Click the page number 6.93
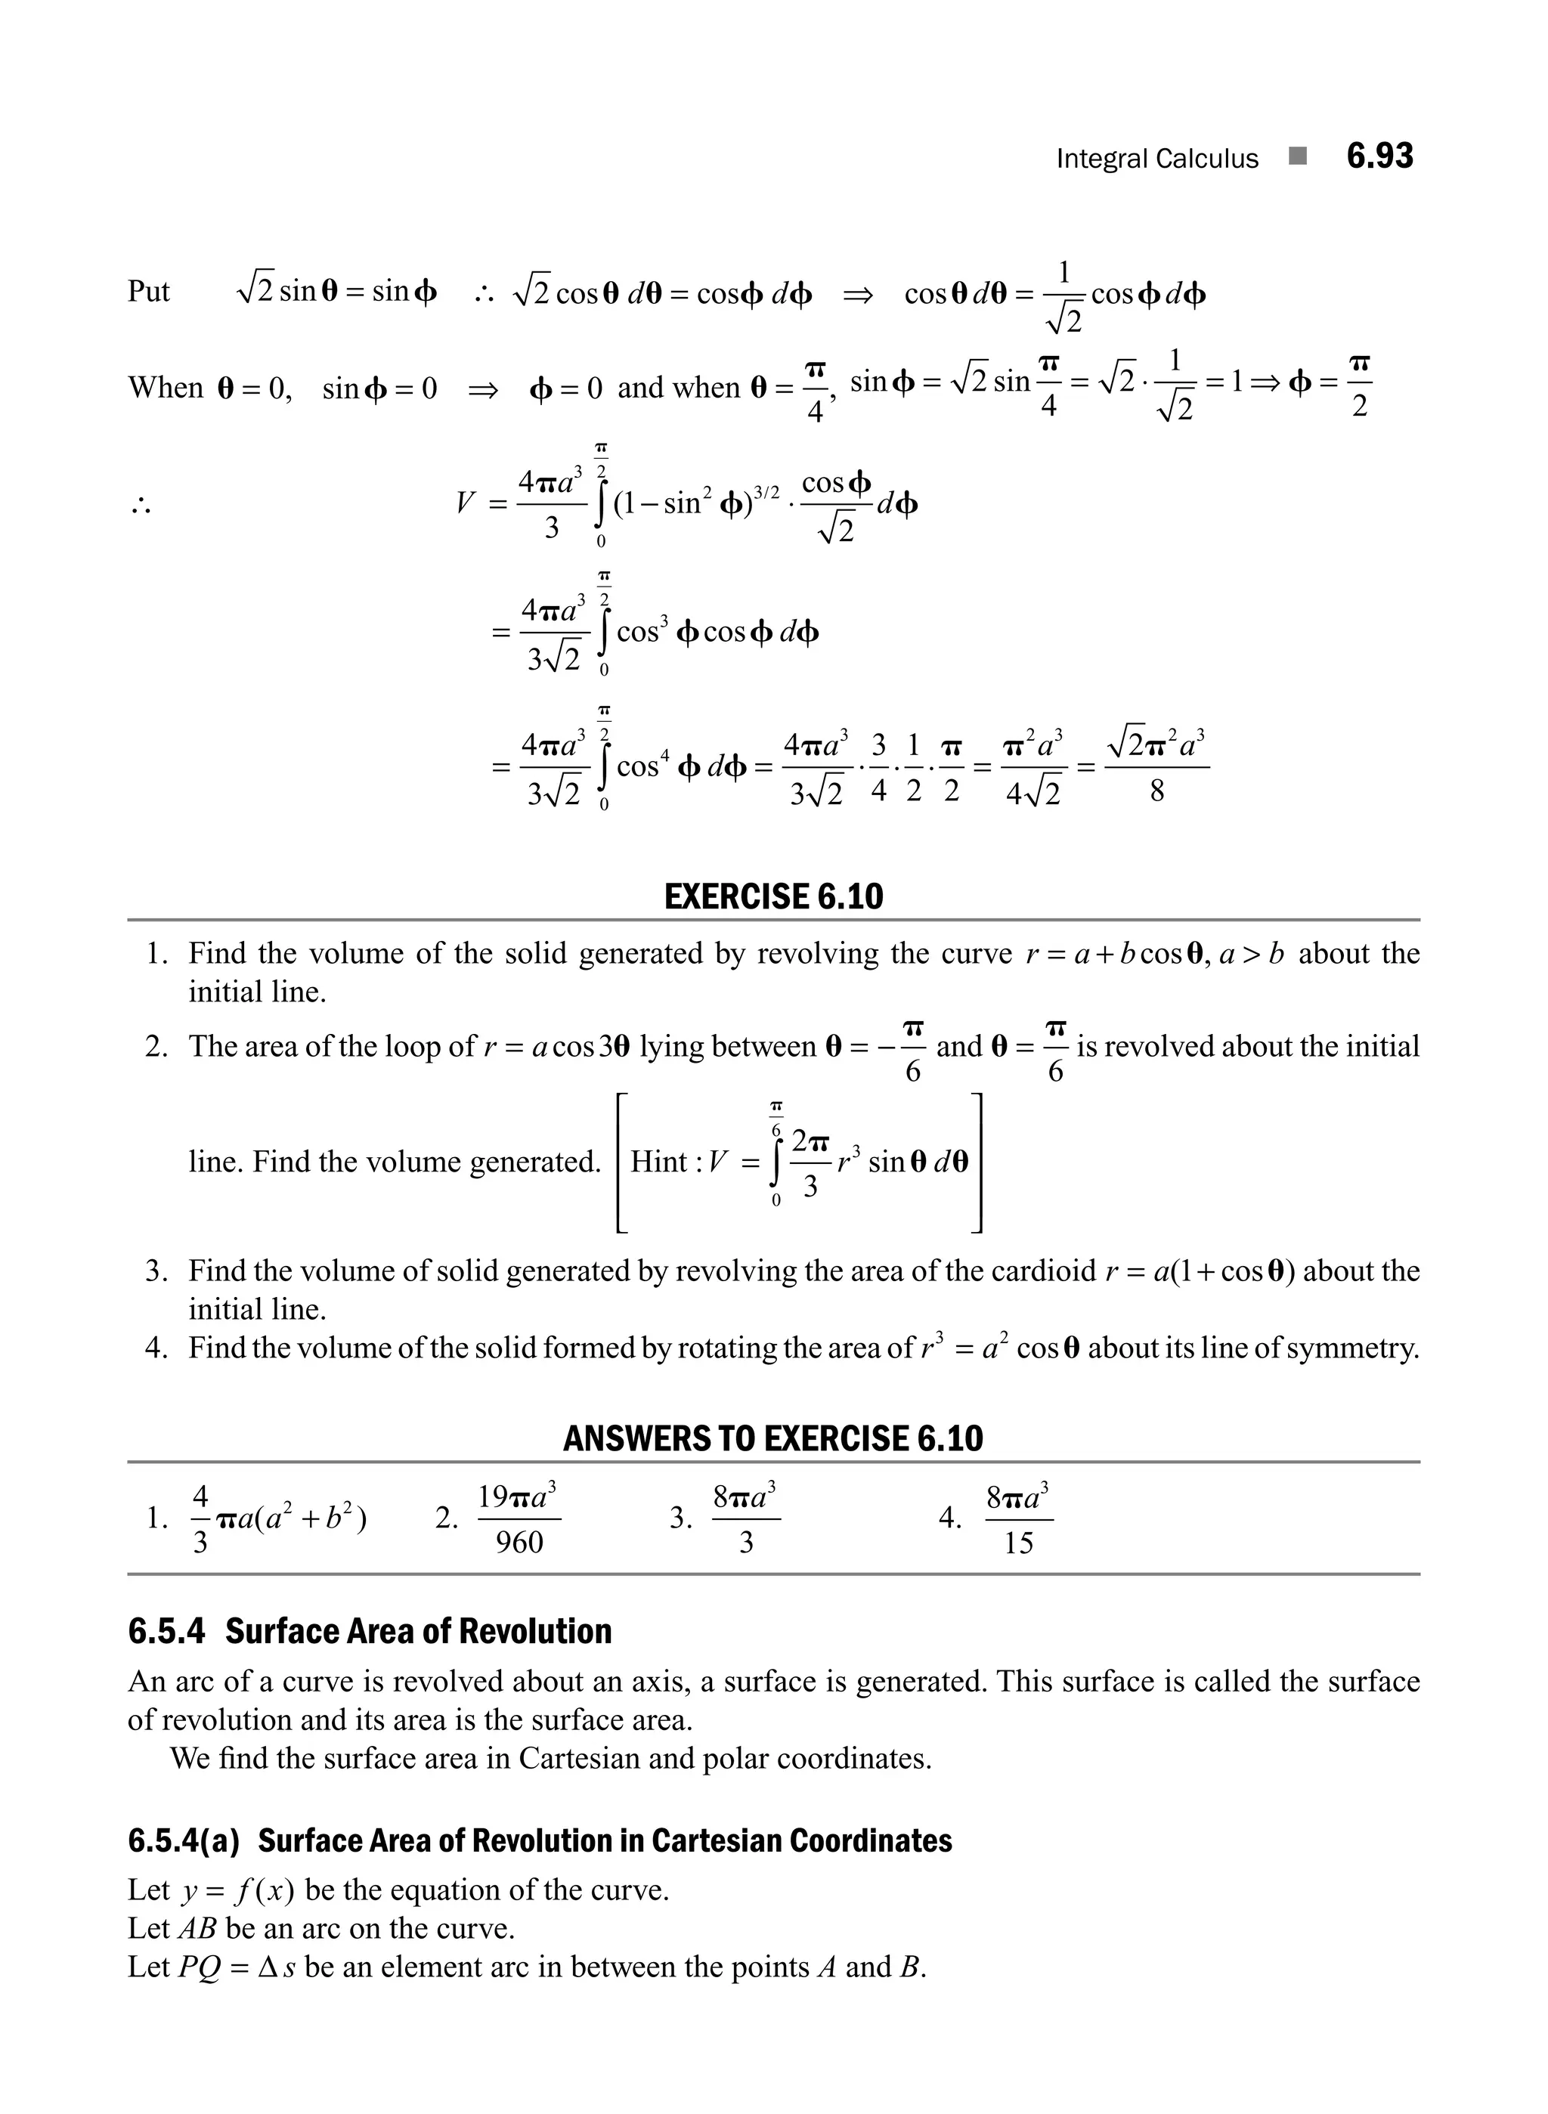point(1379,156)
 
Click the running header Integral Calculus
point(1156,159)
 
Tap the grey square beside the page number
point(1297,156)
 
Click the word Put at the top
point(148,292)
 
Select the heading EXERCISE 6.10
point(773,896)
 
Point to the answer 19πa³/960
point(519,1518)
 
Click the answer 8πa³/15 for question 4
point(1019,1518)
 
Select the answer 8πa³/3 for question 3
point(746,1518)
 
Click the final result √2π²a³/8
point(1156,766)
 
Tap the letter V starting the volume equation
point(465,504)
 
